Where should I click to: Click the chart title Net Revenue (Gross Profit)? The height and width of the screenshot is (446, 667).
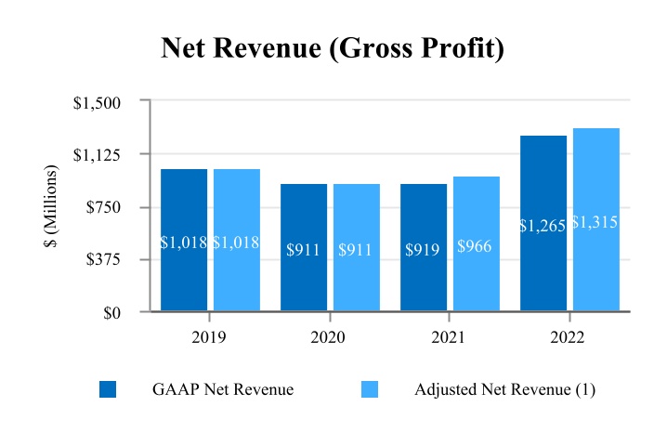[x=333, y=48]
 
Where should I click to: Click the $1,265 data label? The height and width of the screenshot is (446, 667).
[x=543, y=226]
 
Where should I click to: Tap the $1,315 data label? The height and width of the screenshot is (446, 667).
[x=595, y=222]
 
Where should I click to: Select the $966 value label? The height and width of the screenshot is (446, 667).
[x=476, y=247]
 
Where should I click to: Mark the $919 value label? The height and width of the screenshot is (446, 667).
[x=424, y=250]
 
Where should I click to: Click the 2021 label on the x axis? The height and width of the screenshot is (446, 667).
[x=449, y=338]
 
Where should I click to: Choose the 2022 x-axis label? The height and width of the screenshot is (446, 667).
[x=568, y=338]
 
